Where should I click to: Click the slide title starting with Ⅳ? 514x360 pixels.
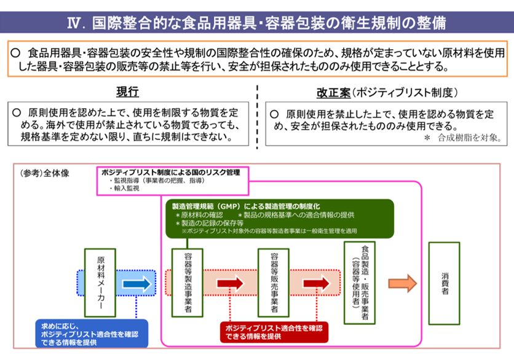(x=256, y=23)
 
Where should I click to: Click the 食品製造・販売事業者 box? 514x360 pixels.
(x=359, y=283)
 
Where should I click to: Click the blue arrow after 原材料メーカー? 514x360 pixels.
(x=135, y=283)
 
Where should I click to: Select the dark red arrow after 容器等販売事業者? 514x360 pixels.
(x=315, y=283)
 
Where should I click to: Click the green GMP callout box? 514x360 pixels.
(x=269, y=218)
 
